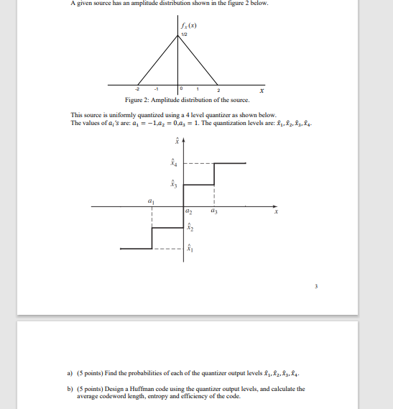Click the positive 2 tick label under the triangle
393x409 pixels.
point(219,90)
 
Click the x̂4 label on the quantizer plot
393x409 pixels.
point(171,162)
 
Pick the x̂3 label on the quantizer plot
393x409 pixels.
point(171,184)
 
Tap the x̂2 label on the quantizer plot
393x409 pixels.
point(190,228)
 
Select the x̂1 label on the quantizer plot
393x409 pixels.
point(190,249)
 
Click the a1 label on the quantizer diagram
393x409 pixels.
point(150,201)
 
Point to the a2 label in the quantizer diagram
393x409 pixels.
point(188,213)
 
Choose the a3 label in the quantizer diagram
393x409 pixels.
point(213,213)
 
